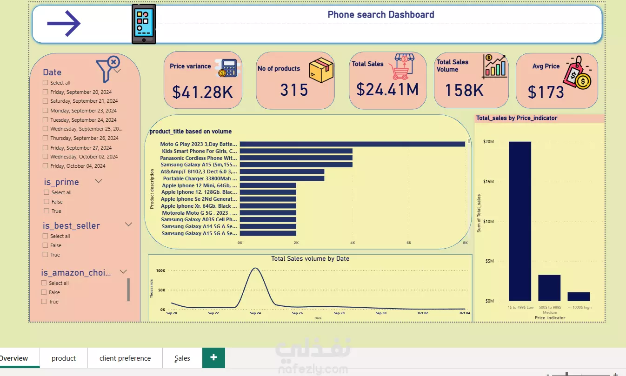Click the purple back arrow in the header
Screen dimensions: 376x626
(x=64, y=23)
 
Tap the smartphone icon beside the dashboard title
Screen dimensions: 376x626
(x=144, y=24)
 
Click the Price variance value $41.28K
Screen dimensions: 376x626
(x=202, y=92)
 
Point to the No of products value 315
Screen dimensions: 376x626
(x=294, y=90)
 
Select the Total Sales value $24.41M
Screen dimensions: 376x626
(x=387, y=89)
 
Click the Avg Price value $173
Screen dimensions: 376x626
(x=546, y=92)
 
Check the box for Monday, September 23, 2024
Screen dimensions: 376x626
(x=46, y=111)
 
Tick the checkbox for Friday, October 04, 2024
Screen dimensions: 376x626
(x=46, y=166)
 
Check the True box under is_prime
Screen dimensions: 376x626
(x=47, y=211)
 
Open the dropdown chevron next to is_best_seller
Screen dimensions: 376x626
(x=129, y=224)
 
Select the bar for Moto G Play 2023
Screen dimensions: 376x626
(x=352, y=144)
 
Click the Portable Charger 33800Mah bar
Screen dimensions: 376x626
(x=282, y=178)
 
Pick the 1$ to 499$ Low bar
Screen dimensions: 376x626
(x=519, y=221)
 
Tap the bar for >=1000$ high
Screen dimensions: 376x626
(x=579, y=297)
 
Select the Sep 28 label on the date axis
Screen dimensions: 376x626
(x=340, y=313)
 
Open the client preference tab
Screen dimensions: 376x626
(x=125, y=358)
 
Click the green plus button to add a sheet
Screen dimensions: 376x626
(x=213, y=357)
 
